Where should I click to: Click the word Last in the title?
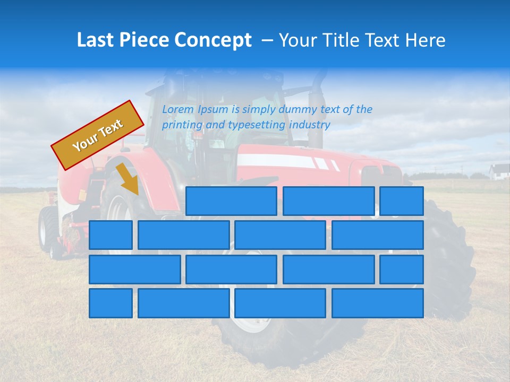(x=96, y=40)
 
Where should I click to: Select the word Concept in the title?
(x=213, y=40)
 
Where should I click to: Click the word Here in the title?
(x=426, y=40)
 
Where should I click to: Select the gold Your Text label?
(x=98, y=135)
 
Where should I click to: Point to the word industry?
(x=310, y=125)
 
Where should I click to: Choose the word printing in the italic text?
(x=180, y=125)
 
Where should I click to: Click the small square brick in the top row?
(x=402, y=201)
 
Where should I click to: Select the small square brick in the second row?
(x=110, y=235)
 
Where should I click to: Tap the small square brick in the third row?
(x=402, y=269)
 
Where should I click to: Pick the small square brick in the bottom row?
(x=110, y=303)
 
